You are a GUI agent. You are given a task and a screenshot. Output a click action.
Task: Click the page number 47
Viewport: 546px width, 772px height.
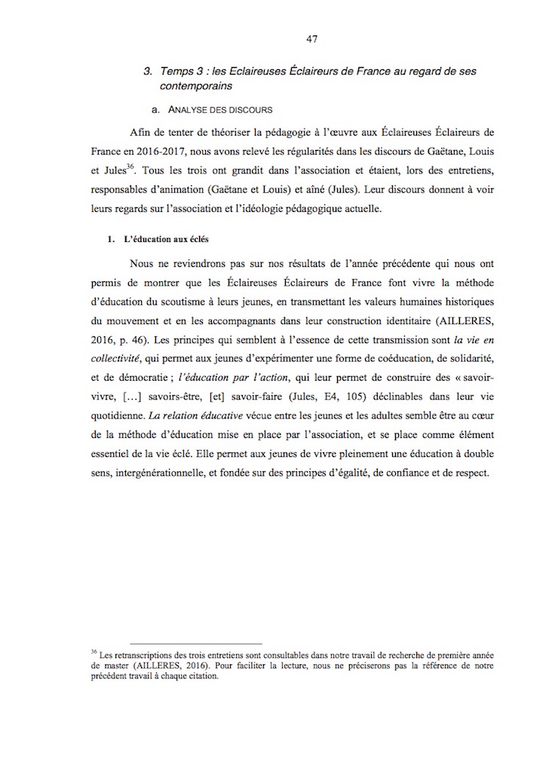pyautogui.click(x=312, y=38)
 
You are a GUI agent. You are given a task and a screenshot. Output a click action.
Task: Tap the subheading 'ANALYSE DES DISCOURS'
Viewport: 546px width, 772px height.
pyautogui.click(x=219, y=110)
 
